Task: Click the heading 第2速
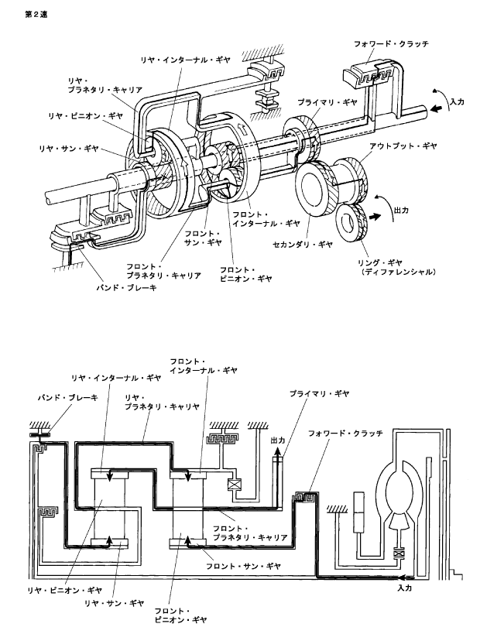coord(36,15)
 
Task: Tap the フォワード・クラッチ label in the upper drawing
coord(391,43)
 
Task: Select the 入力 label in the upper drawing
coord(457,101)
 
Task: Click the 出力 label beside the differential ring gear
coord(402,210)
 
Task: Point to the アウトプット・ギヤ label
coord(403,146)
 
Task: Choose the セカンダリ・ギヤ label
coord(303,244)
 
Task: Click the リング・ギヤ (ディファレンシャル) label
coord(398,267)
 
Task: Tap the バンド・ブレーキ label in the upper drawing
coord(126,288)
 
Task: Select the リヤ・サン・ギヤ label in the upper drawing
coord(69,149)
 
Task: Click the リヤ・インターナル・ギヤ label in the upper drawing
coord(185,60)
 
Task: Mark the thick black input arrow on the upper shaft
coord(437,108)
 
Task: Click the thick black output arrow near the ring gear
coord(375,216)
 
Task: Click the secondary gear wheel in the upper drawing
coord(314,187)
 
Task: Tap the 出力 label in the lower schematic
coord(278,440)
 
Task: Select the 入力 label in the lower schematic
coord(404,588)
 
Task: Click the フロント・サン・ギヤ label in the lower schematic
coord(243,567)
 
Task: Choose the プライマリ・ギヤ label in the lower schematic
coord(319,394)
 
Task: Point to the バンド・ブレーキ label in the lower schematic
coord(67,398)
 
